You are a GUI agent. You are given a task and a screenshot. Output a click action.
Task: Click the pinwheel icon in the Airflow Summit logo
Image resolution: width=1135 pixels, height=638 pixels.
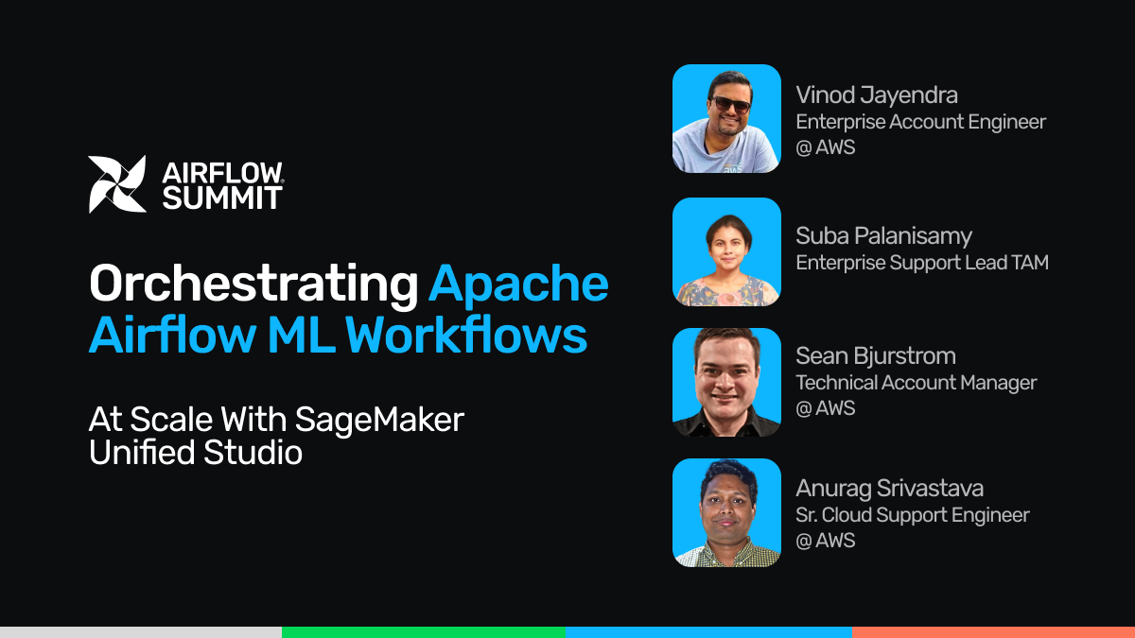coord(117,184)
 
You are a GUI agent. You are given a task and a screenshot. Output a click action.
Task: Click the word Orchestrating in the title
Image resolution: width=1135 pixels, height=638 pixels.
coord(253,285)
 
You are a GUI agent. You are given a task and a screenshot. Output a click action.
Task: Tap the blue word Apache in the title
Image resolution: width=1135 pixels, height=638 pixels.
coord(518,285)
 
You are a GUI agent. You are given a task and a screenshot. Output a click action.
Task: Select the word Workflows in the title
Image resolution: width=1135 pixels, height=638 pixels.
coord(466,335)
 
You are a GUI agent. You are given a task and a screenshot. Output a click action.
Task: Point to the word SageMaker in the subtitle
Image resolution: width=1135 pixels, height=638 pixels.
coord(379,420)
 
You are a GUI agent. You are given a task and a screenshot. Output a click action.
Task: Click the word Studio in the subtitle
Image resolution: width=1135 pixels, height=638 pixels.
coord(253,452)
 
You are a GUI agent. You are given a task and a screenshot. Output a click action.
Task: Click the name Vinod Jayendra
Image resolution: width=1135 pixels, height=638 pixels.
coord(877,95)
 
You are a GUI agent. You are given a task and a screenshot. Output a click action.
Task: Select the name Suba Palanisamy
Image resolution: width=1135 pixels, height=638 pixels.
coord(883,236)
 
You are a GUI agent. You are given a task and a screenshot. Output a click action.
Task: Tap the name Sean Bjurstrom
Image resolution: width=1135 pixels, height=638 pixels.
coord(876,356)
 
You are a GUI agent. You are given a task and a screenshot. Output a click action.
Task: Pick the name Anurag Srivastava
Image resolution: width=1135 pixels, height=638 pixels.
coord(889,489)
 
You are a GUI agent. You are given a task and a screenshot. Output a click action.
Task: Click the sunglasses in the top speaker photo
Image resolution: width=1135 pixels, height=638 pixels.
coord(731,104)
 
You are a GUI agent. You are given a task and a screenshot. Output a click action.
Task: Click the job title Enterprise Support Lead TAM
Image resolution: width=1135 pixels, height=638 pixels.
coord(921,263)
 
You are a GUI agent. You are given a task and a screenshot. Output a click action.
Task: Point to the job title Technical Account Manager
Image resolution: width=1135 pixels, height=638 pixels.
coord(917,383)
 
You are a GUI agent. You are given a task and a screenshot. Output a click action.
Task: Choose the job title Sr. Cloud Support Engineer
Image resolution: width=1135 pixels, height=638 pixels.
coord(912,515)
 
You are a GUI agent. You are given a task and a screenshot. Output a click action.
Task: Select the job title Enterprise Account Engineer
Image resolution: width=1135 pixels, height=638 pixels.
coord(920,122)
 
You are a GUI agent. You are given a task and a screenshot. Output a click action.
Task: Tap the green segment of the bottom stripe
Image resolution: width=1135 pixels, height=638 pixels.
coord(424,632)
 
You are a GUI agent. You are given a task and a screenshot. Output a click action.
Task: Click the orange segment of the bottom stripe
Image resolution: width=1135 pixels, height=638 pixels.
coord(994,632)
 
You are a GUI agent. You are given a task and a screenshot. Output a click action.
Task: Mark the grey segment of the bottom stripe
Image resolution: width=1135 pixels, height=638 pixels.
coord(141,632)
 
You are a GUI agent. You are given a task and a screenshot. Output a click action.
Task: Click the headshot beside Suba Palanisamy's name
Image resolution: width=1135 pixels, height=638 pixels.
coord(726,251)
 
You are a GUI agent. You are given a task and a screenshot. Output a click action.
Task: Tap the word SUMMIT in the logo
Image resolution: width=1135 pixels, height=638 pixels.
coord(222,198)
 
